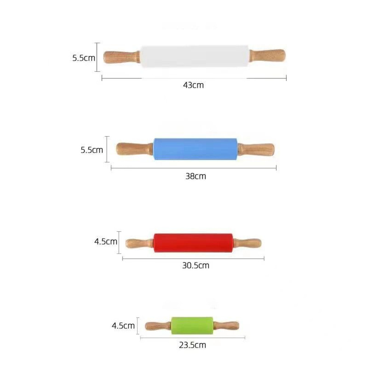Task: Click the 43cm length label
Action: (193, 85)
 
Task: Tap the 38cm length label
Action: (195, 176)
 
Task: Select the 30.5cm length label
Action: (195, 265)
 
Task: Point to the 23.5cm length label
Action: (192, 345)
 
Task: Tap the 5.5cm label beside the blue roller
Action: (92, 150)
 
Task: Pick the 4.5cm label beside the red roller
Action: (106, 242)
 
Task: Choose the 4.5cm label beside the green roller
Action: (123, 326)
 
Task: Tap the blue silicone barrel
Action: (195, 149)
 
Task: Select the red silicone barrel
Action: (193, 243)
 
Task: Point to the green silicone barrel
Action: (192, 325)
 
